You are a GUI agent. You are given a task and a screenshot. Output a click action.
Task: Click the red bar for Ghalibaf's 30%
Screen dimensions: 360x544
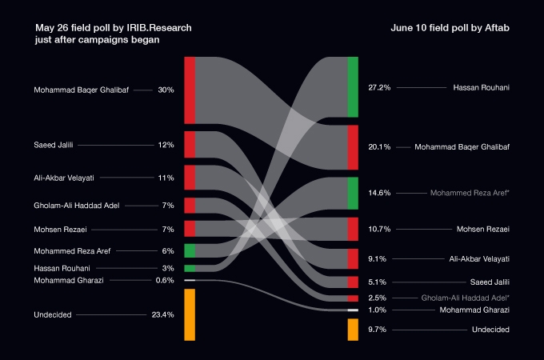click(190, 90)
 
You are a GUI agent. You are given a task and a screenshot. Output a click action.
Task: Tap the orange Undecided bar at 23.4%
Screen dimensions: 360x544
click(190, 315)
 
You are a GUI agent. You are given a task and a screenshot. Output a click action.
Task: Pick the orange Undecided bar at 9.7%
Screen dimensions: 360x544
click(353, 330)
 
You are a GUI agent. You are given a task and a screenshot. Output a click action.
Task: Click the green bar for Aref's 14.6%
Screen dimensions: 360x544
click(353, 193)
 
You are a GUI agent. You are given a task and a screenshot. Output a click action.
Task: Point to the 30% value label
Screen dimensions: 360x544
click(166, 90)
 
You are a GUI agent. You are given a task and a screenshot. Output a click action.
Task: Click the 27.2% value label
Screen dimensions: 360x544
click(378, 87)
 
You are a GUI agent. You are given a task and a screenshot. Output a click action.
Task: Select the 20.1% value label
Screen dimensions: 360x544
click(378, 147)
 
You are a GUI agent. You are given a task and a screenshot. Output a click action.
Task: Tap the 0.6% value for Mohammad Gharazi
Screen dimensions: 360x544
click(165, 281)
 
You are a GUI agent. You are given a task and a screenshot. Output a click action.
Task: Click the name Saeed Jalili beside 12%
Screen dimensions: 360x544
click(54, 145)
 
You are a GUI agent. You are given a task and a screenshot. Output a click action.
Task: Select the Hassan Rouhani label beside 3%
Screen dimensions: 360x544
click(61, 268)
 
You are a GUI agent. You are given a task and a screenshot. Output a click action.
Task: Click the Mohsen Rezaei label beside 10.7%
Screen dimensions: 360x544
click(482, 230)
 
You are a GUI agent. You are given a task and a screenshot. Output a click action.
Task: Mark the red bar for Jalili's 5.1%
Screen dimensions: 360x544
click(353, 282)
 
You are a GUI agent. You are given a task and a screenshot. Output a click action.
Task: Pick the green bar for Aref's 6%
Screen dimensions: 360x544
click(190, 250)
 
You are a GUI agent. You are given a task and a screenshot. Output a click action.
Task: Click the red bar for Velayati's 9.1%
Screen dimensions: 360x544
click(353, 258)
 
